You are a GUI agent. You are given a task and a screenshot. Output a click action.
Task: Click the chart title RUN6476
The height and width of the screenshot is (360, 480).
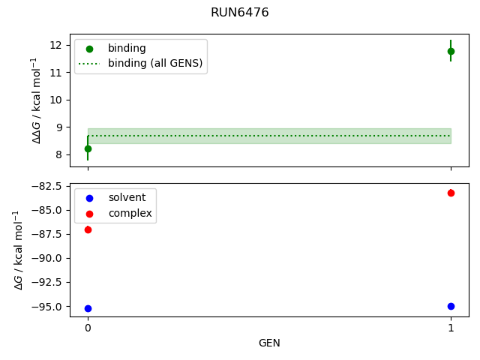pos(240,13)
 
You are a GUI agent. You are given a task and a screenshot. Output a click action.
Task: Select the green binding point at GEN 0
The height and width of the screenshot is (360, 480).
pos(88,148)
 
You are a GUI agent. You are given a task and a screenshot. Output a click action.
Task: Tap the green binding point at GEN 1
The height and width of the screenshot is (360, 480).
pos(451,51)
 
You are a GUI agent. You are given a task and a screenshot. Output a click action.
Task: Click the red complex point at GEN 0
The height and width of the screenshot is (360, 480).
pos(88,229)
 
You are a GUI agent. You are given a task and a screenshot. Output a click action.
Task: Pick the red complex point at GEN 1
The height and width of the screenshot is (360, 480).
pos(451,193)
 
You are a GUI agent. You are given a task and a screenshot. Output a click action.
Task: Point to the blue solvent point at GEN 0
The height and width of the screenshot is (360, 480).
pos(88,308)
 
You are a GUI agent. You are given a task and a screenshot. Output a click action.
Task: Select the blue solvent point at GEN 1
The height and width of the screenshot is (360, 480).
pos(451,306)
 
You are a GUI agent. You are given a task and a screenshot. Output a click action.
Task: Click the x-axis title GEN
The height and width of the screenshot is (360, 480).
pos(269,343)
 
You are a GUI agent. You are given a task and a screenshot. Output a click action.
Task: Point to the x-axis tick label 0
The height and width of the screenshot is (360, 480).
pos(88,328)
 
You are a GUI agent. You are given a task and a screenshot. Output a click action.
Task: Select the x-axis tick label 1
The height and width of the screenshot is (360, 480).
pos(451,328)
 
